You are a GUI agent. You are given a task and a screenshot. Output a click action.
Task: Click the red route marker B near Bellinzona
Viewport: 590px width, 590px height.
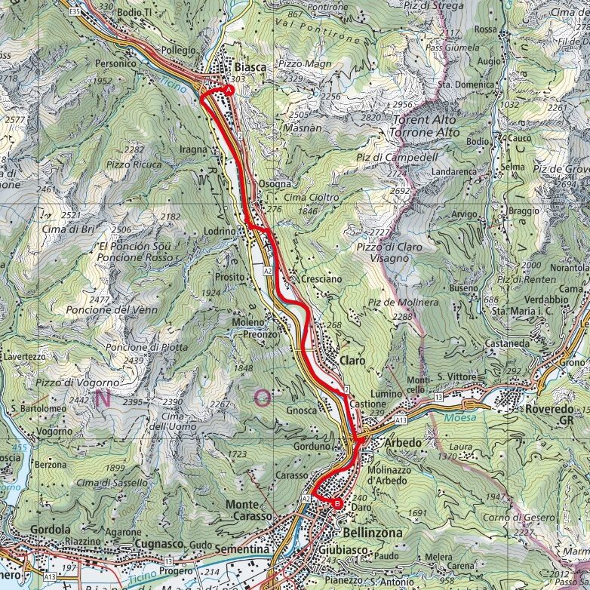click(337, 504)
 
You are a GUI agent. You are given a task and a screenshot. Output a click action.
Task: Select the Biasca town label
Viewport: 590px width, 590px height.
click(250, 67)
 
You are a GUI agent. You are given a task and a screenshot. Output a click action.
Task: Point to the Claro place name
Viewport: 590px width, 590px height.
click(352, 361)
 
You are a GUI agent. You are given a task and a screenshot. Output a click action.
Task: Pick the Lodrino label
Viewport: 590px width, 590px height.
click(220, 232)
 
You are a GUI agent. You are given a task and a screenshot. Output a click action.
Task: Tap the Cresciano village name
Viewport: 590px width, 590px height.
click(321, 278)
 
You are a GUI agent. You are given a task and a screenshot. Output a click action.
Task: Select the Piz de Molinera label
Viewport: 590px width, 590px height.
click(403, 302)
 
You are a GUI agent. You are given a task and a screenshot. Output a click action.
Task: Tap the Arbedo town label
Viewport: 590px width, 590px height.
click(403, 443)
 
